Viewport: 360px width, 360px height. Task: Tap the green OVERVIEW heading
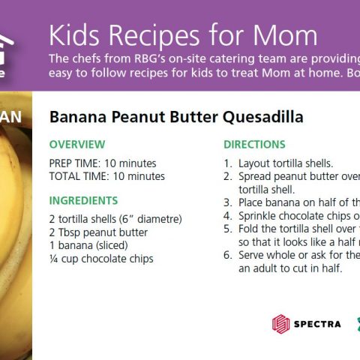77,145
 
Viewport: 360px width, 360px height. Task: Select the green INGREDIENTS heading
83,201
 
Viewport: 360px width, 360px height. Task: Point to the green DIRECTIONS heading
254,145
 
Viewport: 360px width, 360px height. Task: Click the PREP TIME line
103,163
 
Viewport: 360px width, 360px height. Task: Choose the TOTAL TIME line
106,176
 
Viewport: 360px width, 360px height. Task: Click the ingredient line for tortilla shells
115,219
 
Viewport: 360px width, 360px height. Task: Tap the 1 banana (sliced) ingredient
86,245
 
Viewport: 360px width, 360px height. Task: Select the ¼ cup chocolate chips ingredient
101,259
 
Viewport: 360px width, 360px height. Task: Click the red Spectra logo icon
280,324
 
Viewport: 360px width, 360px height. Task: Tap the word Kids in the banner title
78,35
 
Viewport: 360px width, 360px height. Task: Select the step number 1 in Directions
227,163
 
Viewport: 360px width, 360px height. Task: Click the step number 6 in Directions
227,255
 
